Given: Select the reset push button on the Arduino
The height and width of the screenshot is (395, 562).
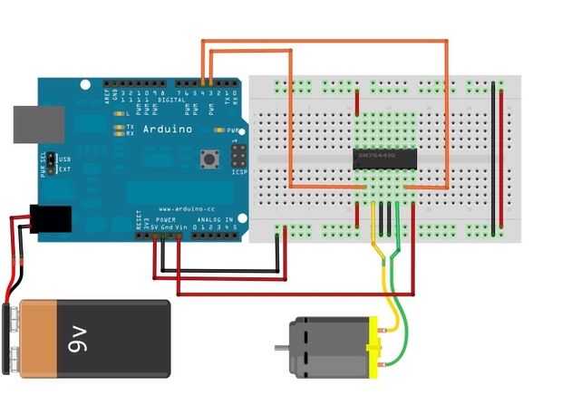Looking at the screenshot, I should pyautogui.click(x=207, y=159).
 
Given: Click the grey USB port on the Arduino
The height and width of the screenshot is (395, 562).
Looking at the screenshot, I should pyautogui.click(x=38, y=126).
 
